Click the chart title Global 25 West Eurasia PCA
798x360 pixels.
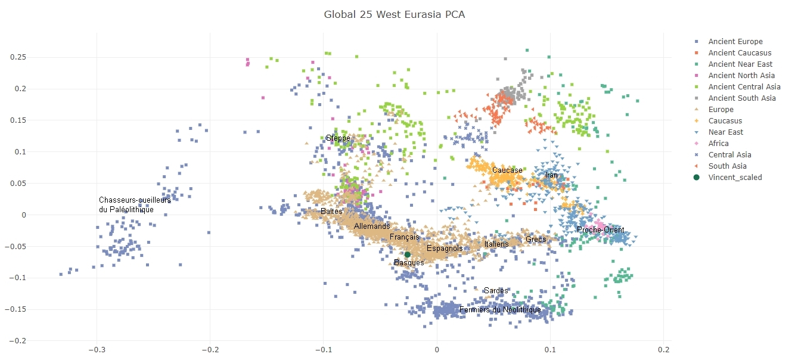pyautogui.click(x=394, y=14)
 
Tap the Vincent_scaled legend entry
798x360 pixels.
pyautogui.click(x=738, y=177)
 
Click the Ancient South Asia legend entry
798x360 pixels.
pyautogui.click(x=742, y=98)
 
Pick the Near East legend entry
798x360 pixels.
pyautogui.click(x=725, y=132)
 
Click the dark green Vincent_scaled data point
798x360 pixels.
pyautogui.click(x=408, y=255)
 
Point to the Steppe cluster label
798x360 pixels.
pyautogui.click(x=338, y=138)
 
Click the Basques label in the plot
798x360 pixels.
pyautogui.click(x=409, y=262)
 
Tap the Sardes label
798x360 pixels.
pyautogui.click(x=496, y=291)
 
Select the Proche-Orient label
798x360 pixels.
pyautogui.click(x=600, y=230)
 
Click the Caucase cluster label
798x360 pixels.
pyautogui.click(x=507, y=170)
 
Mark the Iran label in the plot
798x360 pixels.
pyautogui.click(x=551, y=175)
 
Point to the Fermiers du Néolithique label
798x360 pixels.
pyautogui.click(x=500, y=310)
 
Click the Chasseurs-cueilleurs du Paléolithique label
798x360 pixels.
pyautogui.click(x=135, y=205)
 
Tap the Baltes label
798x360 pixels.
pyautogui.click(x=331, y=212)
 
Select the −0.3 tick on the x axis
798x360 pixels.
pyautogui.click(x=97, y=349)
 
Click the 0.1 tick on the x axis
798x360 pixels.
pyautogui.click(x=550, y=349)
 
